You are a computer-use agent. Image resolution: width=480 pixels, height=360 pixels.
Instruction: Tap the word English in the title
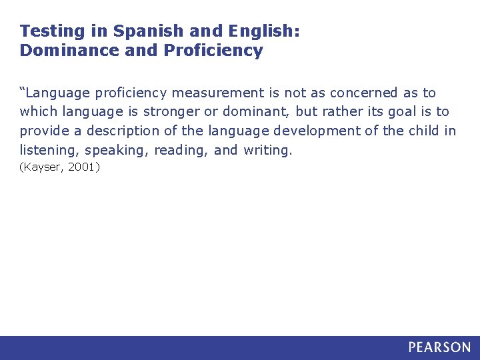(x=264, y=31)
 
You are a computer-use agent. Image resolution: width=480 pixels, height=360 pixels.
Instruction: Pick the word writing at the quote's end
(x=267, y=151)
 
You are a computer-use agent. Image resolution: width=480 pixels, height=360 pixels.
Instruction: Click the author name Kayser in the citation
(x=43, y=167)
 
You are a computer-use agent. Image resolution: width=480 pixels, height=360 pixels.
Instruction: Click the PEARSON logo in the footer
(x=439, y=347)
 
